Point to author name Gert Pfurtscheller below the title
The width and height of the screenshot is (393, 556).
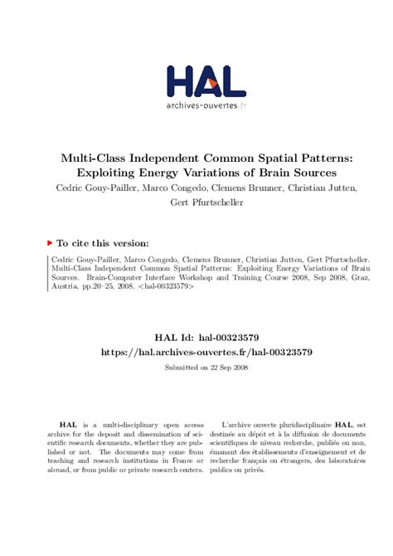tap(196, 202)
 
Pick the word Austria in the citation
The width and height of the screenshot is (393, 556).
tap(55, 286)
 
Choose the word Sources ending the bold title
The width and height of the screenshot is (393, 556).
tap(310, 173)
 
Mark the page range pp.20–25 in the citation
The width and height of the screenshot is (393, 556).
tap(89, 286)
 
